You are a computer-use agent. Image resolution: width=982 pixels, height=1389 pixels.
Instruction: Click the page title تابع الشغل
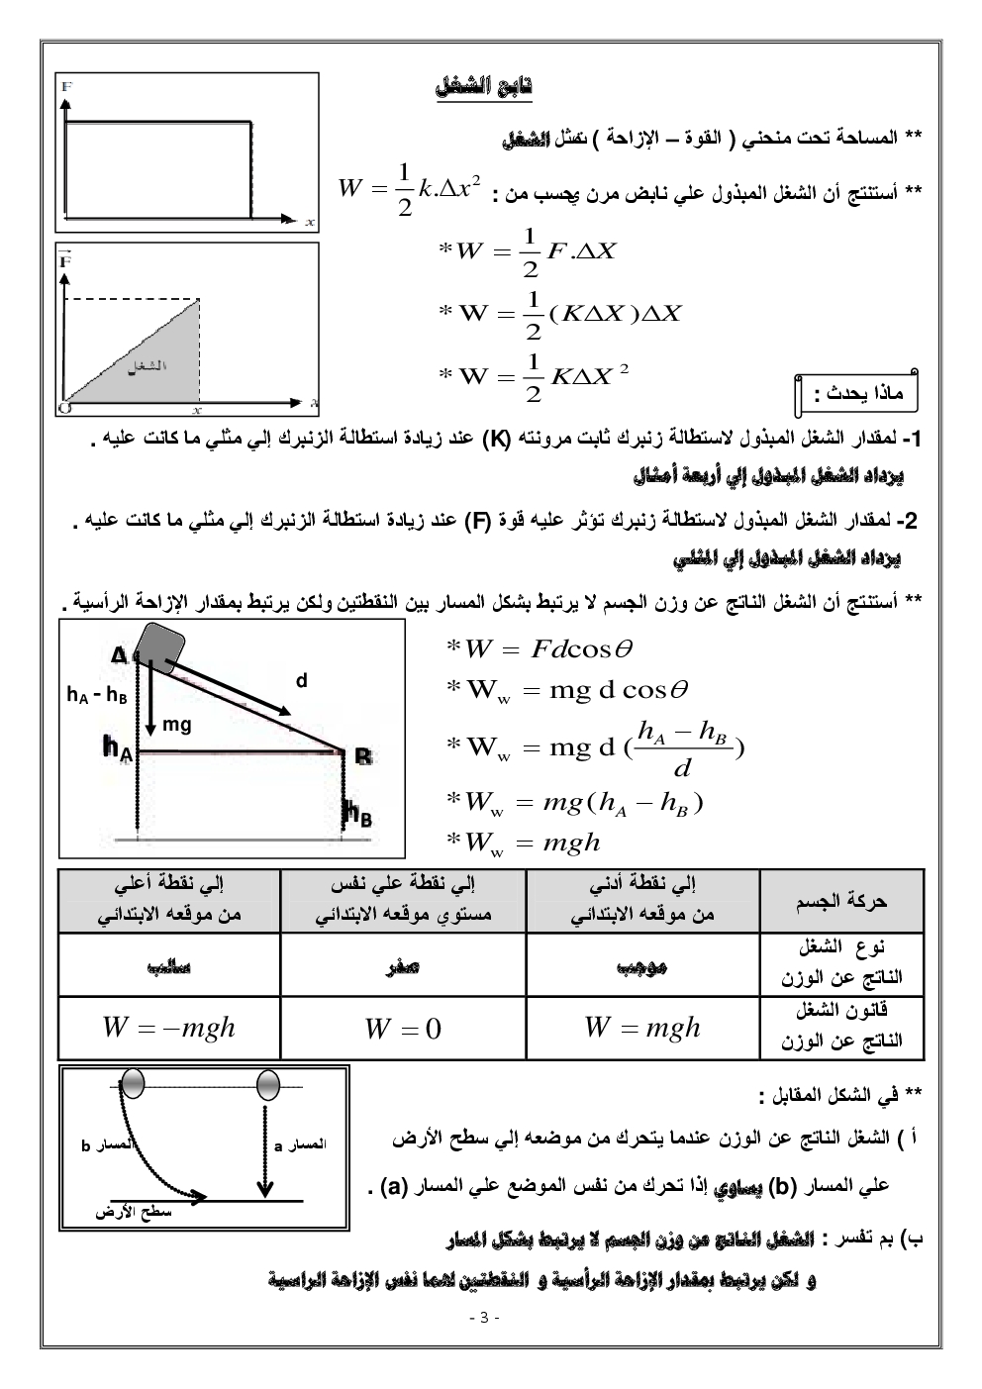484,87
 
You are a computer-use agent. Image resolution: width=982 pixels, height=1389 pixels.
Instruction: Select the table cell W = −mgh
168,1027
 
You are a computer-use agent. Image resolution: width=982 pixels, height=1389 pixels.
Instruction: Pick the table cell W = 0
403,1029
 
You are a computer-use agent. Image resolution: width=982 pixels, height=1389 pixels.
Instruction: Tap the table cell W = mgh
641,1027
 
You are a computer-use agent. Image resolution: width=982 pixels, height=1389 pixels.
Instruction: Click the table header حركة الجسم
841,901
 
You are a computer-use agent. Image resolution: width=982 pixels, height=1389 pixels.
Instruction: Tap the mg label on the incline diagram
177,725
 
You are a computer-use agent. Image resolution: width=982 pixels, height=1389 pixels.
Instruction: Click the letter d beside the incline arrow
302,681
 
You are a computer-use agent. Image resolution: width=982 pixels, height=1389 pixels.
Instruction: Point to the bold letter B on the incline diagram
363,757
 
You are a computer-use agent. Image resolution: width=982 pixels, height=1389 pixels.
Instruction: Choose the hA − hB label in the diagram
97,695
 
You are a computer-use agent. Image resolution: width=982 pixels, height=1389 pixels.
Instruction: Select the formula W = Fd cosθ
540,648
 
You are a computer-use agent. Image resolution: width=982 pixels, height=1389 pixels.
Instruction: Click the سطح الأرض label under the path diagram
134,1212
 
